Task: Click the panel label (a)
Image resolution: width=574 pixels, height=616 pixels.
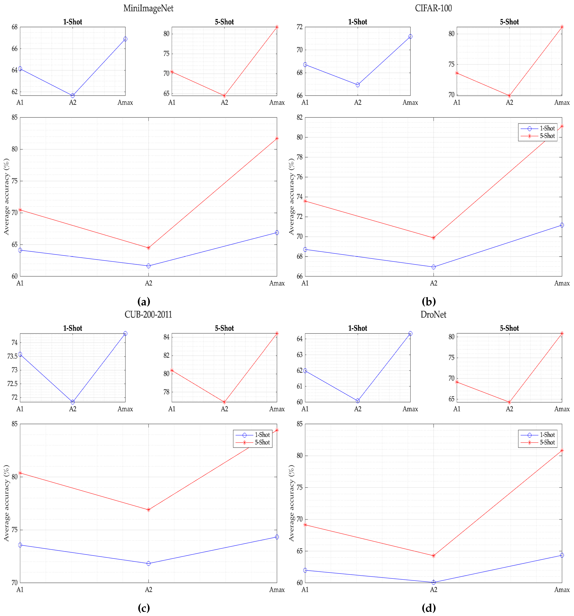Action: pyautogui.click(x=144, y=301)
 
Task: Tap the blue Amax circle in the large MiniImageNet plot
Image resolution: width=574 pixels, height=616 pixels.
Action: pyautogui.click(x=277, y=232)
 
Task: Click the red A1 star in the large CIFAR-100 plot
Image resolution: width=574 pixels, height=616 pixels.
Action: pyautogui.click(x=305, y=201)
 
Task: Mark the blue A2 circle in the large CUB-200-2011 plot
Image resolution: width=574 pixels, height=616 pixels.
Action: pyautogui.click(x=149, y=563)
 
